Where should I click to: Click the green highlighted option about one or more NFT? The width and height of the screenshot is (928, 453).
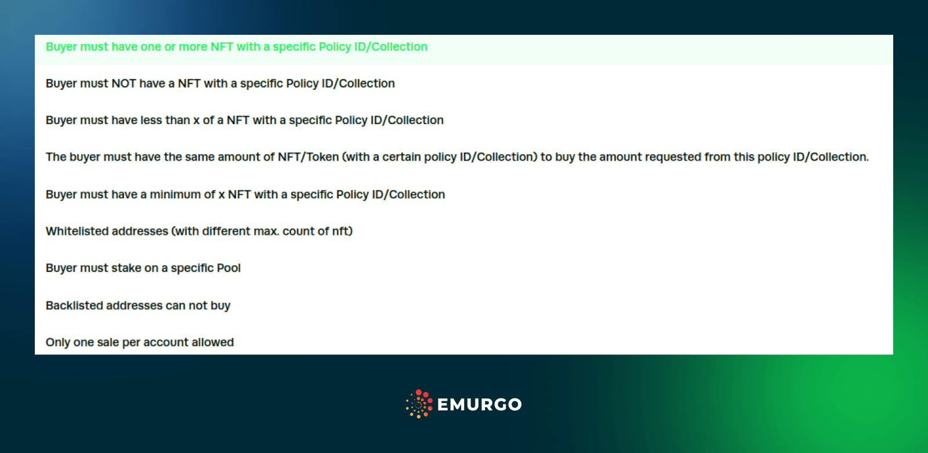point(237,47)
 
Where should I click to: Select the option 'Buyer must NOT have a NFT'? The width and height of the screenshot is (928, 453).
point(220,84)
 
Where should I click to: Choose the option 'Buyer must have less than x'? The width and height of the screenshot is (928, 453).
point(245,120)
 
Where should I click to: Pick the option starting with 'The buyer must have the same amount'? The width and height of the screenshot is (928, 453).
point(457,157)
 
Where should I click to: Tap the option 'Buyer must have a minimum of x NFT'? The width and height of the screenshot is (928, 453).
point(245,194)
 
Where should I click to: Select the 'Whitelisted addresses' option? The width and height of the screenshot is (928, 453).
point(199,231)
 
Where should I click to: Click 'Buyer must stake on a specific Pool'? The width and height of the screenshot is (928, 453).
point(143,268)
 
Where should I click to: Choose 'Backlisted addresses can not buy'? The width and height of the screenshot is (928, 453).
point(138,306)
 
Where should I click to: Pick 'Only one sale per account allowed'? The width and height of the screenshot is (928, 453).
point(140,342)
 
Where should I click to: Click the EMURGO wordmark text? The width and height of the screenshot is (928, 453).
point(480,404)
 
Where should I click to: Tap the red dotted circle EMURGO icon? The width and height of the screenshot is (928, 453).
point(419,404)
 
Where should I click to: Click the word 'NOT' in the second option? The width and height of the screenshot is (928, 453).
point(124,84)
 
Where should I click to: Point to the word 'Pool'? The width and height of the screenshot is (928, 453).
point(229,268)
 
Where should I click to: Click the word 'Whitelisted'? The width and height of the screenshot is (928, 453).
point(78,231)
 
